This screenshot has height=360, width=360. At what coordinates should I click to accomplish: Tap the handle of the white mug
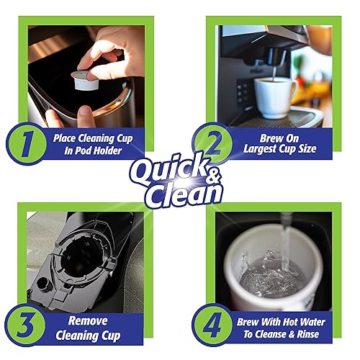pos(293,94)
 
